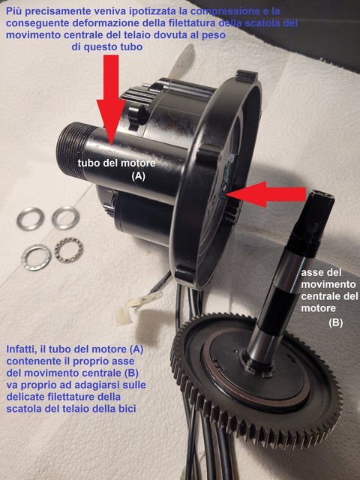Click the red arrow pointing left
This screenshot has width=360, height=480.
(x=266, y=194)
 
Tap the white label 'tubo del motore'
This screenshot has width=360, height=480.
(x=116, y=163)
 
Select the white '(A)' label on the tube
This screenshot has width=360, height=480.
(x=138, y=175)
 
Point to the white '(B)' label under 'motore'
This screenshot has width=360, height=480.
(x=335, y=322)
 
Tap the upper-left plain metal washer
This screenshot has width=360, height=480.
(x=30, y=218)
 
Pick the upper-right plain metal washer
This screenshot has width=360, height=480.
(x=65, y=217)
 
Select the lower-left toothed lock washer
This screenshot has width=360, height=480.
(x=36, y=257)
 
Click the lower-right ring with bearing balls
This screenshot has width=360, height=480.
(x=68, y=250)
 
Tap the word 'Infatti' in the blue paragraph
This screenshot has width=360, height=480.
(x=22, y=349)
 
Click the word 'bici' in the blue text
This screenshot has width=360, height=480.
(x=127, y=409)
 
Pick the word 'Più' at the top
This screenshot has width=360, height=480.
(x=14, y=12)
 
